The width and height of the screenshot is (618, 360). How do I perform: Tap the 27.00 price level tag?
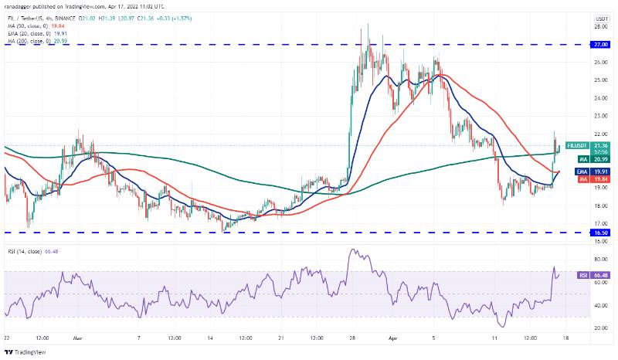599,45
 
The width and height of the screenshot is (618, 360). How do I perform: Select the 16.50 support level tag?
599,232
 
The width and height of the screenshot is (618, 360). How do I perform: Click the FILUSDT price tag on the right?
579,144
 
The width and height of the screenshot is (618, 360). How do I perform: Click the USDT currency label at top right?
599,18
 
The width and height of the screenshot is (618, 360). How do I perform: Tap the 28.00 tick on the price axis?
599,26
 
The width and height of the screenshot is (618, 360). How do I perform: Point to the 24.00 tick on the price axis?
599,98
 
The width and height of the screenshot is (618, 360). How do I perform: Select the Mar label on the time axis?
78,338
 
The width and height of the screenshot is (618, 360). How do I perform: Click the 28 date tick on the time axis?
352,338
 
